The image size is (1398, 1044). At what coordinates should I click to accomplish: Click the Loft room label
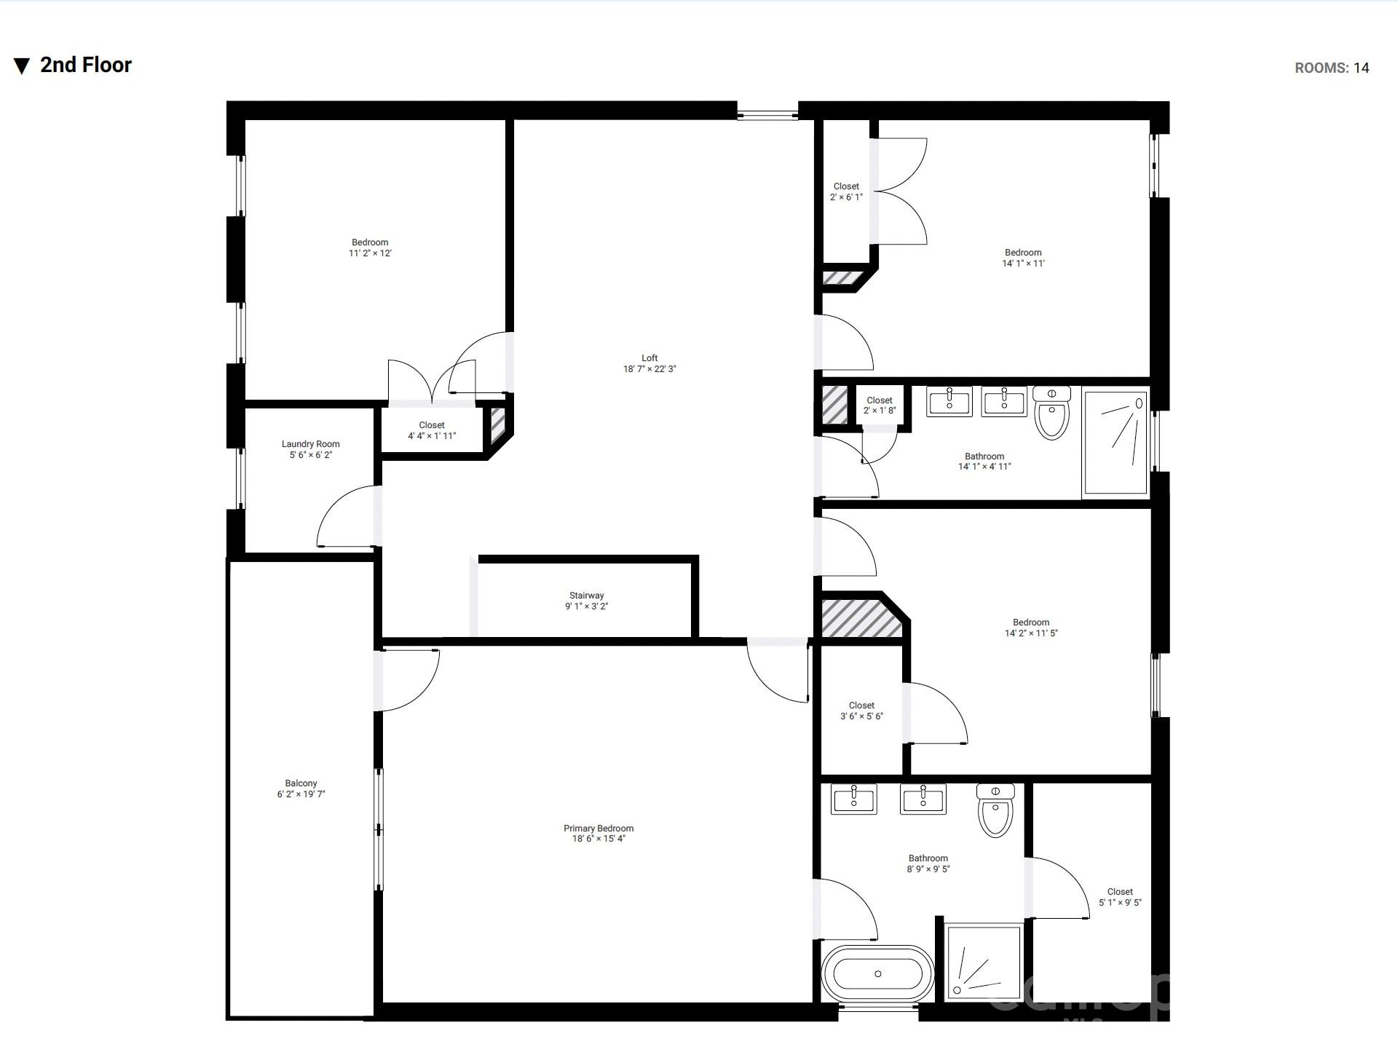649,363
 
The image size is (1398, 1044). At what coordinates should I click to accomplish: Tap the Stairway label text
586,601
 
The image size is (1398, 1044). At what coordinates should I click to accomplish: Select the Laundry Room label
311,449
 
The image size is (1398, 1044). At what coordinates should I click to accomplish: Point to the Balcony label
301,788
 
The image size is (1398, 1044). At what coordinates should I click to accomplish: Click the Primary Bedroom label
599,834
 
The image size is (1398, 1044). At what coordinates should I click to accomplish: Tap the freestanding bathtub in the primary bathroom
877,973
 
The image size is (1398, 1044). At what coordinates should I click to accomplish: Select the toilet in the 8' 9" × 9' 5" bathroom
995,811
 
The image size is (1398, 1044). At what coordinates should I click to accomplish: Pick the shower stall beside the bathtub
983,962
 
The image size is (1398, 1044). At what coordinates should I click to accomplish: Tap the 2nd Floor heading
86,65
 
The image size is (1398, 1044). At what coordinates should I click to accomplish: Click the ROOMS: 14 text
1331,68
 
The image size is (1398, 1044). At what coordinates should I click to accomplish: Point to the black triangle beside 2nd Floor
22,66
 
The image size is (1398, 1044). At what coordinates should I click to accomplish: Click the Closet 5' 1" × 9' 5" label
1120,897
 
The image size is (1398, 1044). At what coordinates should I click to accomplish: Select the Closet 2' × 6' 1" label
846,191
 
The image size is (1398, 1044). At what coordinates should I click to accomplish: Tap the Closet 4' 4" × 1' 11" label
432,430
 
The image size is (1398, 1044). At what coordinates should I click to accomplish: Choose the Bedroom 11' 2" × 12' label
370,248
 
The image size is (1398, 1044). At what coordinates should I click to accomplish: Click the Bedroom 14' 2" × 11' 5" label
1031,628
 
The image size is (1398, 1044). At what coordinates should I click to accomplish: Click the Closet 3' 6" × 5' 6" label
861,711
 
